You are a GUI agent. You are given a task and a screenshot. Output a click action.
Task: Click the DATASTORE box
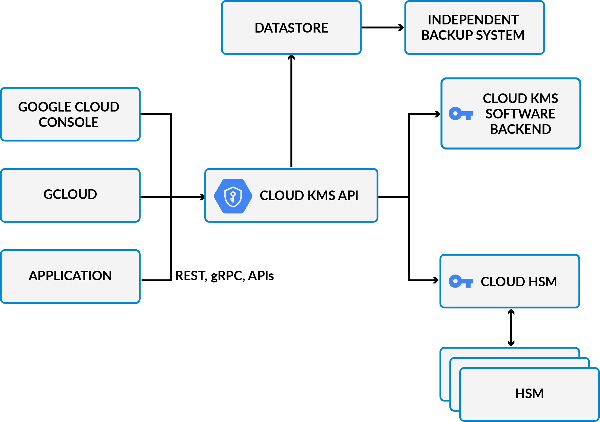pyautogui.click(x=291, y=28)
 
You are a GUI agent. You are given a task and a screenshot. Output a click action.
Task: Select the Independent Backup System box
pyautogui.click(x=474, y=27)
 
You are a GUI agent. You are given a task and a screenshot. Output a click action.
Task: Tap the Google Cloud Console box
pyautogui.click(x=70, y=114)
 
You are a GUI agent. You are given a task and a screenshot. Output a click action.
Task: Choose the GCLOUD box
pyautogui.click(x=70, y=195)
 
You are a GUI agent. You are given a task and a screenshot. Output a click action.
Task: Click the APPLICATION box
pyautogui.click(x=70, y=276)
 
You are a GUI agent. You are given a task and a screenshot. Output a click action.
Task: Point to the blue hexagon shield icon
pyautogui.click(x=233, y=196)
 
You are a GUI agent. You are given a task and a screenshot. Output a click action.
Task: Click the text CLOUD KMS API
pyautogui.click(x=309, y=196)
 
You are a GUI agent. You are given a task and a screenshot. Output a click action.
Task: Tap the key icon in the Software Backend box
pyautogui.click(x=460, y=114)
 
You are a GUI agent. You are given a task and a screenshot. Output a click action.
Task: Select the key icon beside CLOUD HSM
pyautogui.click(x=460, y=282)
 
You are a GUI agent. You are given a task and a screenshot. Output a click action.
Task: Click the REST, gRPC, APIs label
pyautogui.click(x=224, y=276)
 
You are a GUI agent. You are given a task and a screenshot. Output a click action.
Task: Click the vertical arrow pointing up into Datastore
pyautogui.click(x=291, y=112)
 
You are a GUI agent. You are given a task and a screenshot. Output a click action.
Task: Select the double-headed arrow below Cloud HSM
pyautogui.click(x=511, y=327)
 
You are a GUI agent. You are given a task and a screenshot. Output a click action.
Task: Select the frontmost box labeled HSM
pyautogui.click(x=529, y=394)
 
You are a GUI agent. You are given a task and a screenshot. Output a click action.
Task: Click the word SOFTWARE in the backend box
pyautogui.click(x=520, y=114)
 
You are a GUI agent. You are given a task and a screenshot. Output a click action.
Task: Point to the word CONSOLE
pyautogui.click(x=68, y=122)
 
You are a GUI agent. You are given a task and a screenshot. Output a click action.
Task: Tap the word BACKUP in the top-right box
pyautogui.click(x=445, y=35)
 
